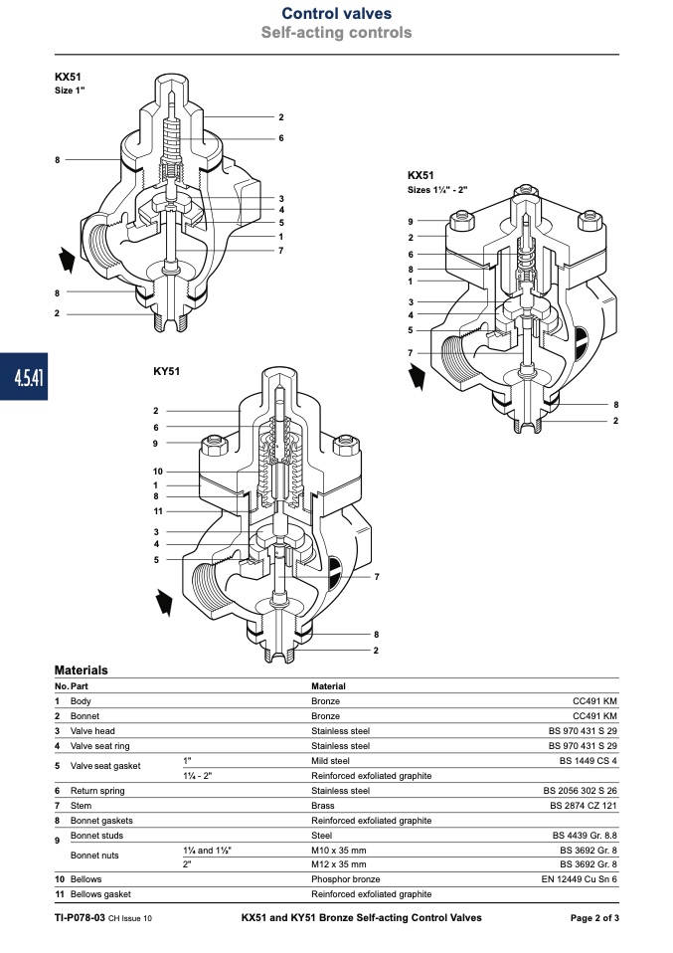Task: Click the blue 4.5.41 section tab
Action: pyautogui.click(x=24, y=377)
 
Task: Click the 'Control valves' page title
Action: pyautogui.click(x=336, y=13)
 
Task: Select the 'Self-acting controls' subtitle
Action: pyautogui.click(x=336, y=32)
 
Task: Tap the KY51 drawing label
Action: pyautogui.click(x=166, y=371)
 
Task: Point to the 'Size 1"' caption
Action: pyautogui.click(x=70, y=91)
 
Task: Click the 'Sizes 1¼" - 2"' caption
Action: pyautogui.click(x=437, y=190)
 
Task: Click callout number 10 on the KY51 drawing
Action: pyautogui.click(x=158, y=472)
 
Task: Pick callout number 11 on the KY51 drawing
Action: pyautogui.click(x=158, y=511)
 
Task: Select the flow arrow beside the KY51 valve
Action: pyautogui.click(x=165, y=602)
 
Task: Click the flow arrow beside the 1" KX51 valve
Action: pyautogui.click(x=67, y=260)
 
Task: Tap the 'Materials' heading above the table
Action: pyautogui.click(x=81, y=670)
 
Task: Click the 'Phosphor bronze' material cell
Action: pyautogui.click(x=346, y=879)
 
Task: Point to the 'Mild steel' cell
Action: pyautogui.click(x=330, y=761)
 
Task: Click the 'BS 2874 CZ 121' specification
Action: pyautogui.click(x=584, y=806)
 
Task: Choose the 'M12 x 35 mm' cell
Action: pyautogui.click(x=339, y=864)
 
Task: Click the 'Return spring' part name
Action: pyautogui.click(x=97, y=791)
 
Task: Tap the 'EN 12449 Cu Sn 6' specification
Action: pyautogui.click(x=579, y=879)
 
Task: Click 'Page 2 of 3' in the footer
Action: pyautogui.click(x=594, y=918)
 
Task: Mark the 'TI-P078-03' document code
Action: pyautogui.click(x=80, y=918)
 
